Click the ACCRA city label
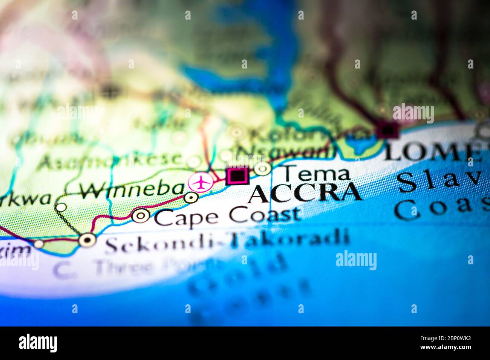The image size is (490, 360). point(305,193)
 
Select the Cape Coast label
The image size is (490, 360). point(227,217)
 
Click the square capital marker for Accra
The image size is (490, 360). point(237,176)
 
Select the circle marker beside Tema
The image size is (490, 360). point(262,169)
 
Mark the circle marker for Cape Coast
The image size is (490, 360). point(141,215)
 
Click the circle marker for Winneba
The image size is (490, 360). point(191,197)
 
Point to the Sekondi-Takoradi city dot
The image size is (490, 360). point(87,239)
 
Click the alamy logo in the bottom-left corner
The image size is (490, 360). point(38,343)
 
